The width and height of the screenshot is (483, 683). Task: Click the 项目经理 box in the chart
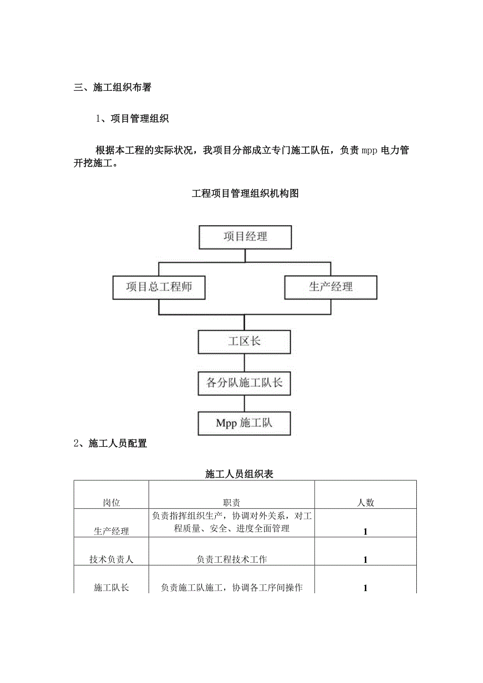245,237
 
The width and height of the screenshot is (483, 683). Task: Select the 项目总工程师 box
159,287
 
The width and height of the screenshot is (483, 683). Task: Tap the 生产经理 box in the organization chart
331,287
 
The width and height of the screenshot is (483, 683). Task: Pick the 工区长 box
244,342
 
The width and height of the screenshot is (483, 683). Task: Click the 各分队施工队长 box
244,383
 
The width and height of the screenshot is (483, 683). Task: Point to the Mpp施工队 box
244,423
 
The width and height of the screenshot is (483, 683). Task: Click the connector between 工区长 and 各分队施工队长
244,362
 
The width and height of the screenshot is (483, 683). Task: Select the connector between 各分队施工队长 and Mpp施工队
244,403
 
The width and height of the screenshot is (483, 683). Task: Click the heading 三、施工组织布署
112,88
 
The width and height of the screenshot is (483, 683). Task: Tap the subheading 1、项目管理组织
132,119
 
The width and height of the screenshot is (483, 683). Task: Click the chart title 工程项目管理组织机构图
245,194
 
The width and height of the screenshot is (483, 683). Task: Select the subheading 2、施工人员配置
110,444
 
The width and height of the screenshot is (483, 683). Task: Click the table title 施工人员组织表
239,474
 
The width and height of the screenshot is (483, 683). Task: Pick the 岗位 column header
111,502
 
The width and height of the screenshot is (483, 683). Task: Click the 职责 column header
232,502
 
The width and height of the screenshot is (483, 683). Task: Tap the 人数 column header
365,502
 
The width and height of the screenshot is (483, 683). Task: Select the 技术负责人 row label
111,560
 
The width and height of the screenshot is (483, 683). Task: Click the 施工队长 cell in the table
111,588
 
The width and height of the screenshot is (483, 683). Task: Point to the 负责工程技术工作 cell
232,560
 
